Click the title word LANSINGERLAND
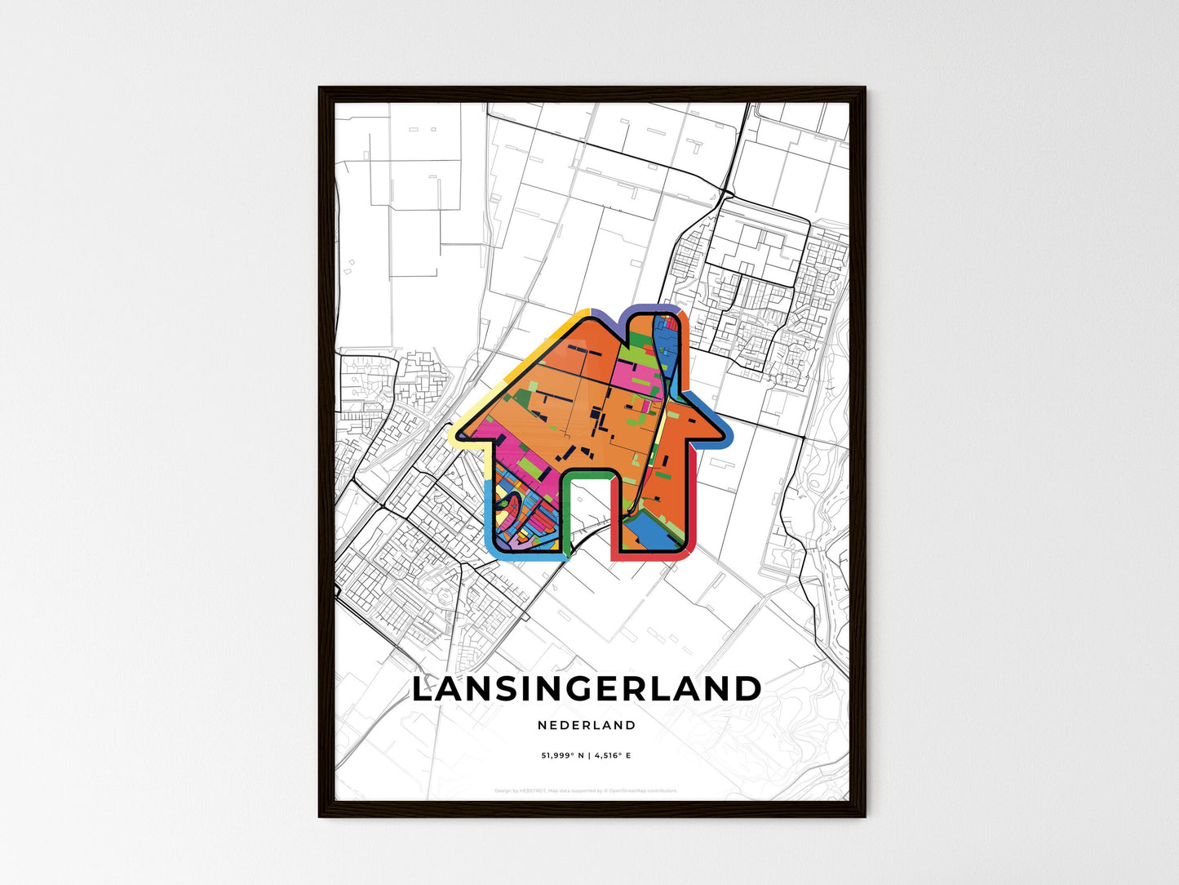click(x=586, y=689)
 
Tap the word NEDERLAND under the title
click(x=587, y=725)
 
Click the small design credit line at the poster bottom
click(x=586, y=790)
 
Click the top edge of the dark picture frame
click(x=592, y=91)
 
